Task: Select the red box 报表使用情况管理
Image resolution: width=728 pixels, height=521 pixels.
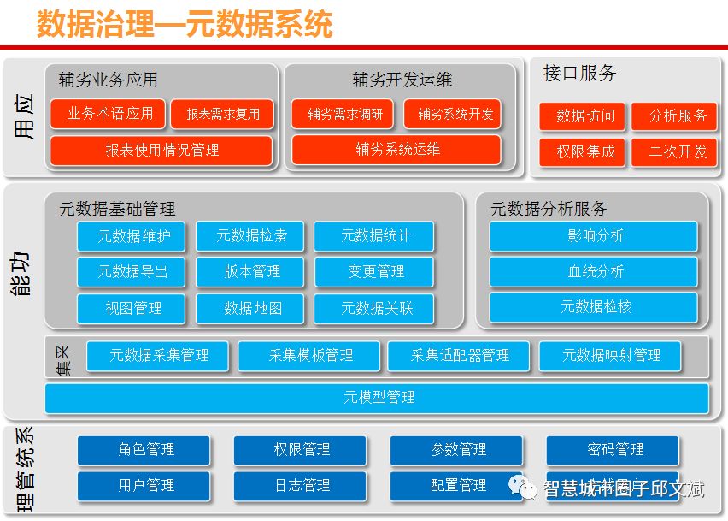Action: click(161, 151)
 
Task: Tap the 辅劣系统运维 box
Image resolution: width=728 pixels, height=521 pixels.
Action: click(397, 150)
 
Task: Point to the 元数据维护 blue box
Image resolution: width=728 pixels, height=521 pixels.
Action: click(131, 236)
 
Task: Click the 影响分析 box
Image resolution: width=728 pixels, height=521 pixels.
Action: click(594, 236)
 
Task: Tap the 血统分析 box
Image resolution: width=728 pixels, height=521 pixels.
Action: click(594, 272)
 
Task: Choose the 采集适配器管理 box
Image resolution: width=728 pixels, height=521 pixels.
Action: click(459, 356)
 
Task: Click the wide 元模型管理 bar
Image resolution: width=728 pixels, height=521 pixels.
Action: click(378, 398)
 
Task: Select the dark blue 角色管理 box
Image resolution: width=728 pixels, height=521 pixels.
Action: click(144, 450)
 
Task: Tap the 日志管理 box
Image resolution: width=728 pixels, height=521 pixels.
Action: click(301, 486)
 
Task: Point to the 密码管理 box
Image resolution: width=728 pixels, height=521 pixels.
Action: click(614, 450)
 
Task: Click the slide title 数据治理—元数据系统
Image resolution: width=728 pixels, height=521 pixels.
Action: click(184, 24)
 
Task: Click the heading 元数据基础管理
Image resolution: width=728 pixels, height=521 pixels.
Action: click(116, 208)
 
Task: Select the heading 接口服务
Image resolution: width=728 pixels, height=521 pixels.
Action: click(579, 74)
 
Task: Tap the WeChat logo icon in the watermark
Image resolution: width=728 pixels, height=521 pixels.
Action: click(524, 488)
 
